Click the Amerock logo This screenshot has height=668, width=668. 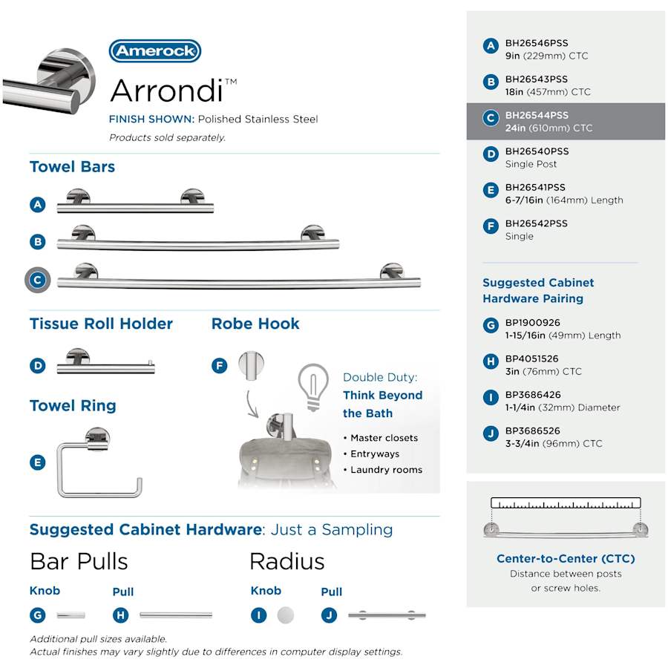tap(155, 51)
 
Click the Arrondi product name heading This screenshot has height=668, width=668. tap(167, 90)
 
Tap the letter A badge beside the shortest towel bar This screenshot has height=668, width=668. tap(39, 205)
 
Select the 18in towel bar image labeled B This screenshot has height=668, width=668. tap(198, 239)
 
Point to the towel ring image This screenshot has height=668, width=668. tap(99, 463)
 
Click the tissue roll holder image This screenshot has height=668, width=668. tap(106, 363)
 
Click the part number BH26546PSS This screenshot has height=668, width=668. tap(536, 44)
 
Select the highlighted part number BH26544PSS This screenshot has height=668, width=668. tap(536, 116)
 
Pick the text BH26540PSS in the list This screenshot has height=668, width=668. tap(536, 151)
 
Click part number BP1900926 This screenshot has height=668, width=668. tap(532, 323)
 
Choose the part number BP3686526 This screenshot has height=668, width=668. tap(532, 431)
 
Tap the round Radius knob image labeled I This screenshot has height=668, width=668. tap(285, 615)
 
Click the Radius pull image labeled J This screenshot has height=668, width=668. tap(387, 615)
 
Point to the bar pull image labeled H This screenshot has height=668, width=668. tap(176, 615)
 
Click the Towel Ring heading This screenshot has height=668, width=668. tap(73, 406)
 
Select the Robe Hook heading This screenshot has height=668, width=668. tap(255, 324)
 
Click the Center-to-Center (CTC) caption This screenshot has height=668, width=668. tap(566, 559)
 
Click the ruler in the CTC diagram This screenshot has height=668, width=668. tap(566, 503)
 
